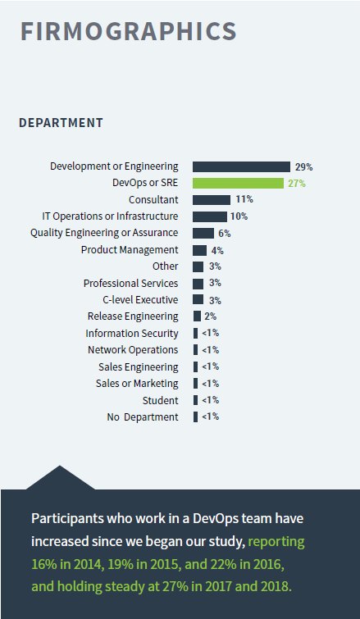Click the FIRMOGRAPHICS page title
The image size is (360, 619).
pyautogui.click(x=128, y=31)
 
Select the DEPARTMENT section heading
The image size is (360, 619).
pyautogui.click(x=61, y=123)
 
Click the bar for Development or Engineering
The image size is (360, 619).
pyautogui.click(x=241, y=166)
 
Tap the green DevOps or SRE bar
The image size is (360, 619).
pyautogui.click(x=238, y=183)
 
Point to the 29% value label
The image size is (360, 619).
pyautogui.click(x=304, y=167)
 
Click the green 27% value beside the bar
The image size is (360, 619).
pyautogui.click(x=297, y=184)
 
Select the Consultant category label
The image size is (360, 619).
pyautogui.click(x=153, y=200)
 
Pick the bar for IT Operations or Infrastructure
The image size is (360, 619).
pyautogui.click(x=210, y=216)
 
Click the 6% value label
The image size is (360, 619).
pyautogui.click(x=225, y=234)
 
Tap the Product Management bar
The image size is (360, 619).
pyautogui.click(x=199, y=250)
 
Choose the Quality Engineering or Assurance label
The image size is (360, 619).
pyautogui.click(x=104, y=233)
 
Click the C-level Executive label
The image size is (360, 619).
pyautogui.click(x=140, y=300)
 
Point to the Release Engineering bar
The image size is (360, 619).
pyautogui.click(x=197, y=316)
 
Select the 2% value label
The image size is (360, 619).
pyautogui.click(x=211, y=316)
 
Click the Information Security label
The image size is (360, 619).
pyautogui.click(x=132, y=334)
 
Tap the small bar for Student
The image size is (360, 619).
pyautogui.click(x=195, y=400)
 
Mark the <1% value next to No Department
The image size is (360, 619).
pyautogui.click(x=211, y=416)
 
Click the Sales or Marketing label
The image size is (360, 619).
pyautogui.click(x=137, y=384)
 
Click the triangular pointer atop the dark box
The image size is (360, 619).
pyautogui.click(x=60, y=480)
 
